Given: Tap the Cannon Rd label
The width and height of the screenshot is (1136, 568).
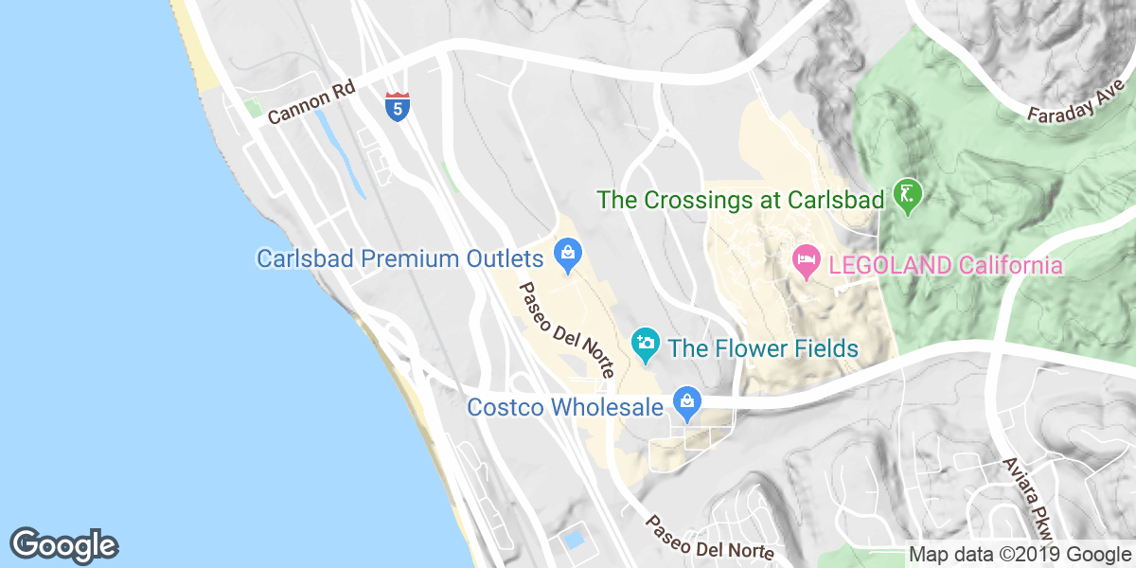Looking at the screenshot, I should coord(311,102).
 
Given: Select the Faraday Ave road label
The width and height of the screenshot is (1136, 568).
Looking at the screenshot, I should coord(1076,100).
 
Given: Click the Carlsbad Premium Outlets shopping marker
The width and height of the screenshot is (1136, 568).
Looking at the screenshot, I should coord(569,253).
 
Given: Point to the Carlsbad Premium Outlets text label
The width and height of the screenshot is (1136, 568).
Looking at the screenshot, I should coord(399,258).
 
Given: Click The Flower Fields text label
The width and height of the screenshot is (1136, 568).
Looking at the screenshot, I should coord(763,348).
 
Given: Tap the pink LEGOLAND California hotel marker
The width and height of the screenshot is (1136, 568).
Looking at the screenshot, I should coord(806,260).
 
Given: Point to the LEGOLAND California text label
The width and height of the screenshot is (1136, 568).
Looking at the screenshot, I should coord(945,265).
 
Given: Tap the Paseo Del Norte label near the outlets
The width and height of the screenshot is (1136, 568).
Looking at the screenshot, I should coord(566,328).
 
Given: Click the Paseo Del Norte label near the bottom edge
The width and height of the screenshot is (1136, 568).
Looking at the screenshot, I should coord(710,537).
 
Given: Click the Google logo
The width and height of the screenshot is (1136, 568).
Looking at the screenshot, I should coord(63,544).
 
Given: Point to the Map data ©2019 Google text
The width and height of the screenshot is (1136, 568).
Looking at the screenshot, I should coord(1014,555).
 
